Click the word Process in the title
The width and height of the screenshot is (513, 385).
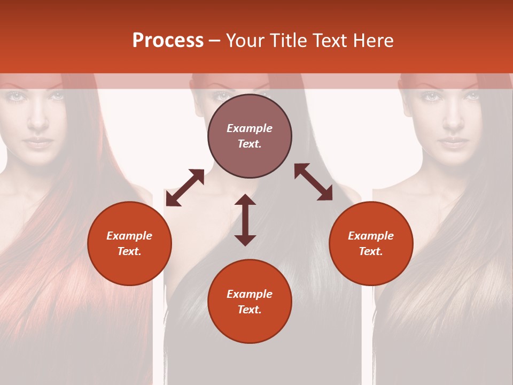click(x=168, y=41)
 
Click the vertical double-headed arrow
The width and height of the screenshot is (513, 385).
click(x=245, y=220)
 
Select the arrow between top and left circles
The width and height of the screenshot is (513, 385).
click(x=185, y=187)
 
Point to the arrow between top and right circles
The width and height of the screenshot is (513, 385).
click(x=313, y=182)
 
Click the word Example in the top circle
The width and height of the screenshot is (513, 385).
click(x=250, y=128)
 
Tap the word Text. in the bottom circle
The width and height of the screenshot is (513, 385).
click(x=250, y=310)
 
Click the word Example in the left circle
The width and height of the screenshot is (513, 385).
click(x=129, y=236)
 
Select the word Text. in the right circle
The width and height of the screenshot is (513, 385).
click(x=371, y=251)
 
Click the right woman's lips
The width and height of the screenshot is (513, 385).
click(x=453, y=142)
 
